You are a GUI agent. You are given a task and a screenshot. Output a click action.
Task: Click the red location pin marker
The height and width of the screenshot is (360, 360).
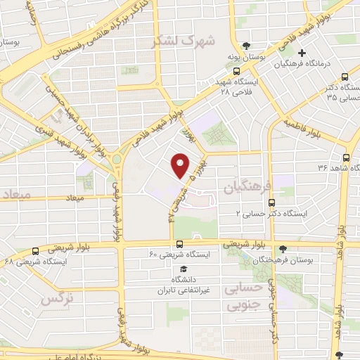pyautogui.click(x=181, y=165)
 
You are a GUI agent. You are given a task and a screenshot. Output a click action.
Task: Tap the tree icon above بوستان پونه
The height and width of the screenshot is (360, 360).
pyautogui.click(x=244, y=44)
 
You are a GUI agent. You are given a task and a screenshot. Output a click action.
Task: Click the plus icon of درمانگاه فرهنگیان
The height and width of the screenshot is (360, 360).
pyautogui.click(x=302, y=53)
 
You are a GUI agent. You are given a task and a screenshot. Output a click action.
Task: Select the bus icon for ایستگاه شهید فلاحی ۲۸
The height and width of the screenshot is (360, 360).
pyautogui.click(x=236, y=71)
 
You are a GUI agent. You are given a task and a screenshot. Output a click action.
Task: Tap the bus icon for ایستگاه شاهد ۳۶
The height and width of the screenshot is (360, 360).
pyautogui.click(x=346, y=157)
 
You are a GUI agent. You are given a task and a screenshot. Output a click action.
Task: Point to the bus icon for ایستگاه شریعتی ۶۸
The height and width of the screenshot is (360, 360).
pyautogui.click(x=36, y=251)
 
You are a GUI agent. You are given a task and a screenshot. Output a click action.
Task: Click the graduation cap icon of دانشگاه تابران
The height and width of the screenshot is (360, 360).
pyautogui.click(x=183, y=269)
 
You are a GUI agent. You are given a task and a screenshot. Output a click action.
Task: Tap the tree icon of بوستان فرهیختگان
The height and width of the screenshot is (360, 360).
pyautogui.click(x=283, y=249)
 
